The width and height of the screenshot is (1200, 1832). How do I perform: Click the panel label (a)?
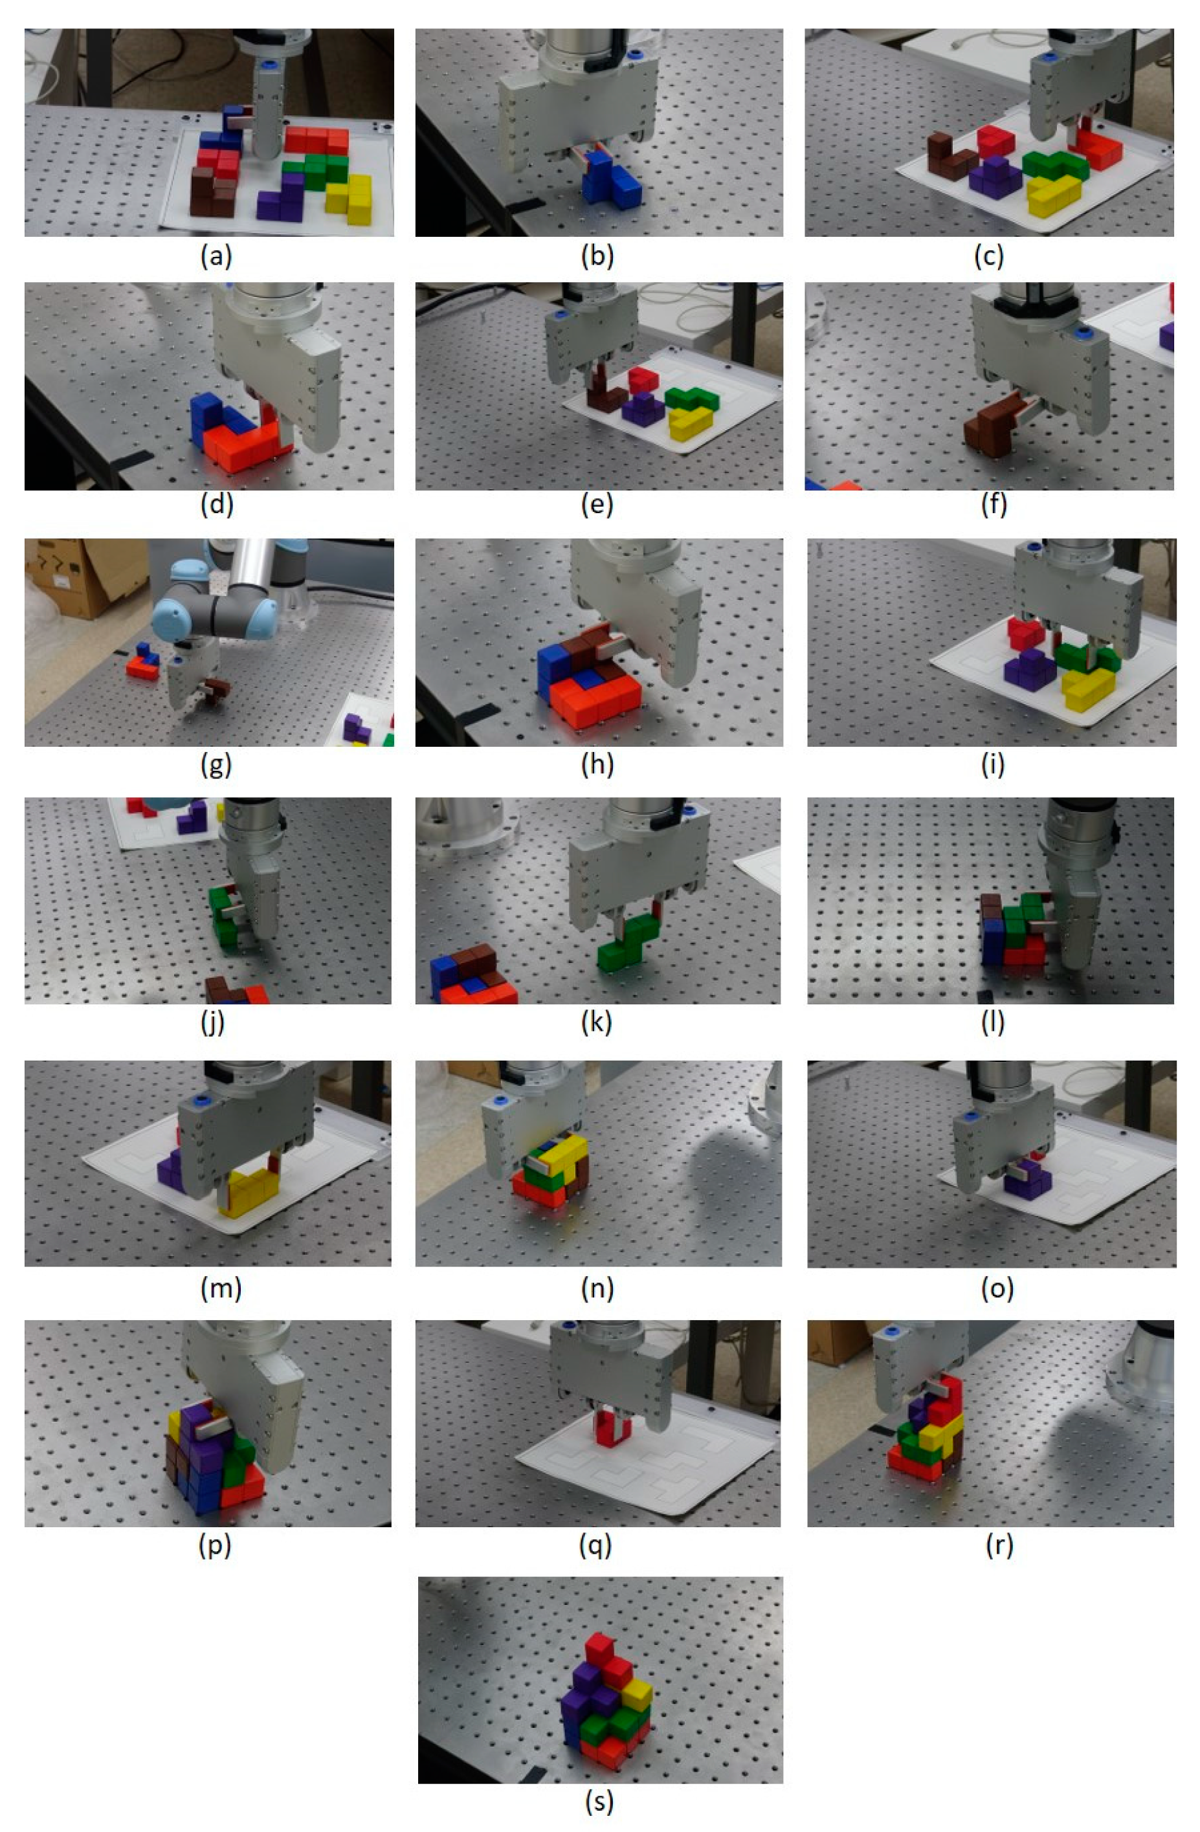pyautogui.click(x=216, y=256)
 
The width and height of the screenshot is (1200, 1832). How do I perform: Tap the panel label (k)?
pyautogui.click(x=597, y=1023)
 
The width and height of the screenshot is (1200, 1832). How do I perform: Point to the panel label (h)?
pyautogui.click(x=597, y=764)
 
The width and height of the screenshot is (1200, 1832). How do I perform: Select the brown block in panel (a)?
pyautogui.click(x=213, y=192)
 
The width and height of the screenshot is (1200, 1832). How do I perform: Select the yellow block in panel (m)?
pyautogui.click(x=249, y=1191)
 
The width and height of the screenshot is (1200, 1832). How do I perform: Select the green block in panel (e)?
pyautogui.click(x=691, y=398)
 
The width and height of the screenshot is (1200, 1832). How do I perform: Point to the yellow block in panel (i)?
pyautogui.click(x=1087, y=688)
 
